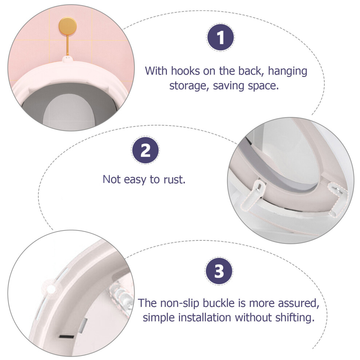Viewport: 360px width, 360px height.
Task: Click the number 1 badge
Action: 221,37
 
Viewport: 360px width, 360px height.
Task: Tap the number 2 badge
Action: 145,150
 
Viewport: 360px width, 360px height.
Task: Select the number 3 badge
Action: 219,271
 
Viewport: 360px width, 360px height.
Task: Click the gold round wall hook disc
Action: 68,26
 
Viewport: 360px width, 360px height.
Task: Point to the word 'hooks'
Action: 185,71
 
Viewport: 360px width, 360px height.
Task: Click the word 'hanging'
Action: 288,71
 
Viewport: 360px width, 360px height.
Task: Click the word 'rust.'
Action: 174,180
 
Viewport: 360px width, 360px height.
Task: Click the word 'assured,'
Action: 299,304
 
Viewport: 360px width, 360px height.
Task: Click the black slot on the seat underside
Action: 67,337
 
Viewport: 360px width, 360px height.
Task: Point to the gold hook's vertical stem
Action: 68,45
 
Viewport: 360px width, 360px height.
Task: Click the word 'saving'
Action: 229,86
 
